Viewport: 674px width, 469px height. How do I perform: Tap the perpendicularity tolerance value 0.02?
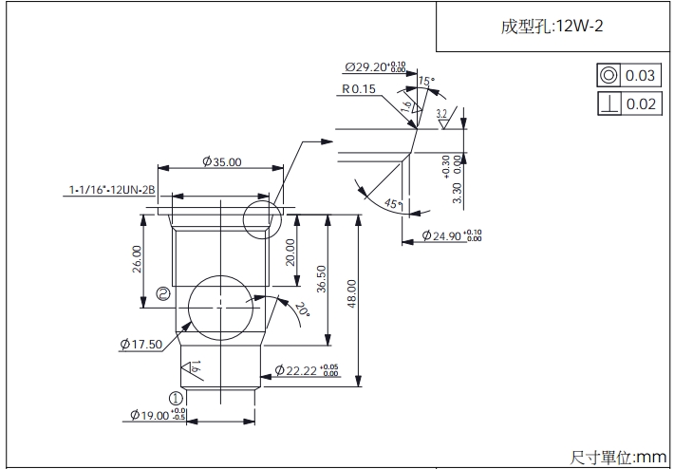[x=641, y=103]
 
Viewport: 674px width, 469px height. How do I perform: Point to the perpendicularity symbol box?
[x=608, y=103]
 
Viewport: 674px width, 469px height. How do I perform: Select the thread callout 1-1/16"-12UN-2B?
[x=112, y=191]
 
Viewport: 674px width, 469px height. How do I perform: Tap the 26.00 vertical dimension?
[x=138, y=258]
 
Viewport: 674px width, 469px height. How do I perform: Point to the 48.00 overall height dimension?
[x=351, y=295]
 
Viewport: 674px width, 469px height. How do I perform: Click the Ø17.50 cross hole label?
[x=141, y=344]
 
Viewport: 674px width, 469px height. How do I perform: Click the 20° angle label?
[x=301, y=310]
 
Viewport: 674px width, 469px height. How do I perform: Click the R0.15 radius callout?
[x=359, y=89]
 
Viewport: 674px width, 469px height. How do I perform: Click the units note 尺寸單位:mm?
[x=618, y=457]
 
